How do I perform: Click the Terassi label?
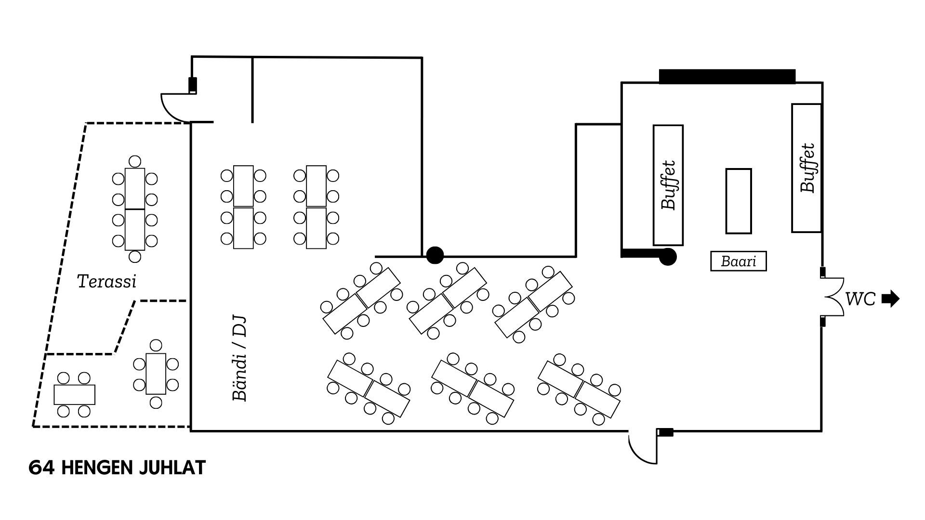pyautogui.click(x=106, y=281)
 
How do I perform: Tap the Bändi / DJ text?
pyautogui.click(x=239, y=358)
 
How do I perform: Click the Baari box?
pyautogui.click(x=738, y=261)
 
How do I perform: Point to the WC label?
pyautogui.click(x=860, y=299)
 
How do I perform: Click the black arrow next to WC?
pyautogui.click(x=890, y=299)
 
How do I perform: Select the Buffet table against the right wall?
pyautogui.click(x=806, y=168)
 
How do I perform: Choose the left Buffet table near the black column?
pyautogui.click(x=668, y=185)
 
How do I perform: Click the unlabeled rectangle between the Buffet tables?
pyautogui.click(x=738, y=201)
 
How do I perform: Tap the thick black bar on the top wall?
pyautogui.click(x=727, y=77)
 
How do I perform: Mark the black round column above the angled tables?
pyautogui.click(x=435, y=255)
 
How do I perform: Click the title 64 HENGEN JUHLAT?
pyautogui.click(x=117, y=468)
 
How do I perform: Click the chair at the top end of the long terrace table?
pyautogui.click(x=135, y=161)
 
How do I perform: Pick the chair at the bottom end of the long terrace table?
pyautogui.click(x=135, y=257)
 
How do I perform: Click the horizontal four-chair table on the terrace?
pyautogui.click(x=74, y=395)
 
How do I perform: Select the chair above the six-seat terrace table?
pyautogui.click(x=156, y=345)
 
